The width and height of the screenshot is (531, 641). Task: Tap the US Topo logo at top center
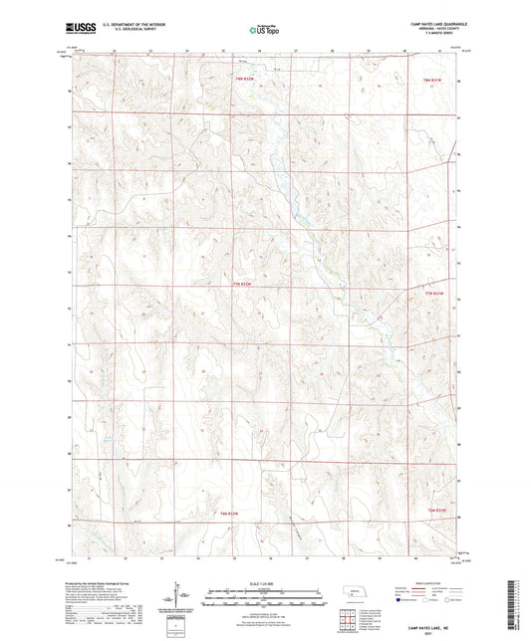tap(263, 31)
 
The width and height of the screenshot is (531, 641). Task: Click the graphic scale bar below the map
tap(265, 595)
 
